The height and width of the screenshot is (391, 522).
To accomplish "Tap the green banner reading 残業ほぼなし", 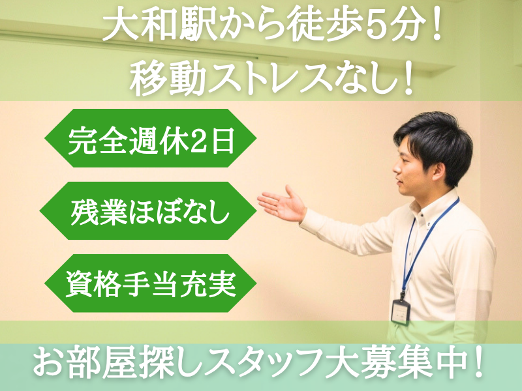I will pyautogui.click(x=149, y=212).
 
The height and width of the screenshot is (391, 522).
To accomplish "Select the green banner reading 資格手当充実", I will pyautogui.click(x=149, y=284).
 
